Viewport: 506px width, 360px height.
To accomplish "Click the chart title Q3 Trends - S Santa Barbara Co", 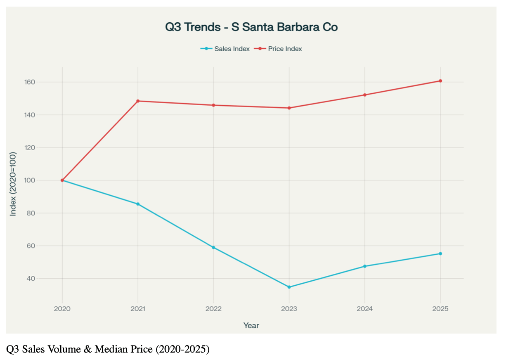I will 251,27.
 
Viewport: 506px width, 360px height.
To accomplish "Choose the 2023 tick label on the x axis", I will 289,309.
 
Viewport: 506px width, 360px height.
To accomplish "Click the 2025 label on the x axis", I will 440,309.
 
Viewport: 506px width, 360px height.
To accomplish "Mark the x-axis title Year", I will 251,326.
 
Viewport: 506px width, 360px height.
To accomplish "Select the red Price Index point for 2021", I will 138,101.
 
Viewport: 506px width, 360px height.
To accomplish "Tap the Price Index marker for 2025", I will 440,81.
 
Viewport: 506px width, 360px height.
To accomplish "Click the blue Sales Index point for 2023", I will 289,287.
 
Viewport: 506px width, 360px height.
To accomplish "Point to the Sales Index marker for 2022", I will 213,247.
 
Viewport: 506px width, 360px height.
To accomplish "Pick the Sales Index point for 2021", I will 138,204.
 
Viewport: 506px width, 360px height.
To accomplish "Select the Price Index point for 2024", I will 365,95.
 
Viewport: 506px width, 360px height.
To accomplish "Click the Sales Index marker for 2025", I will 440,253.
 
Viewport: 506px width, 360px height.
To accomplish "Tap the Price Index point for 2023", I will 289,108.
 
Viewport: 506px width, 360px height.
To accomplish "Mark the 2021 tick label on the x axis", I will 138,309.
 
